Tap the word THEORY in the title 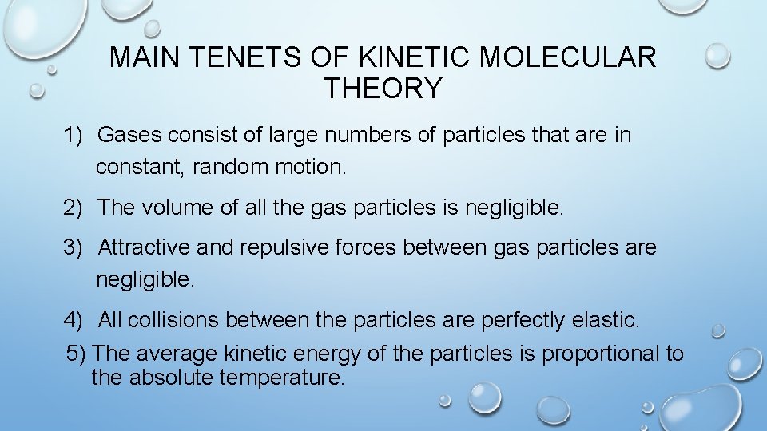383,88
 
